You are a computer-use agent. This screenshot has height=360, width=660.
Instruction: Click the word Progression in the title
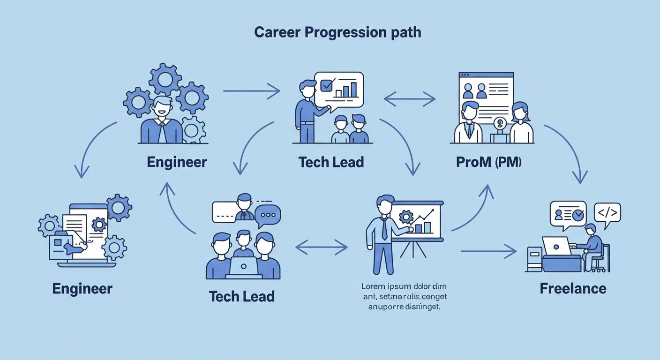[x=337, y=32]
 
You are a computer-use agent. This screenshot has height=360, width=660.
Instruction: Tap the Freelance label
[x=573, y=288]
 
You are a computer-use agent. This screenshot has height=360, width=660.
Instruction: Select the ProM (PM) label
[x=489, y=162]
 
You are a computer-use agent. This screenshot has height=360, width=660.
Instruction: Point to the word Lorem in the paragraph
[x=373, y=286]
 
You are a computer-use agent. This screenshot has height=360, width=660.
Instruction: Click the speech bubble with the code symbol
[x=607, y=214]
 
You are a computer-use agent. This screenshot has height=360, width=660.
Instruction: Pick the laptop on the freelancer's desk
[x=556, y=247]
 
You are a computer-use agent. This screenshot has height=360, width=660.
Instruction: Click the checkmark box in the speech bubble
[x=327, y=85]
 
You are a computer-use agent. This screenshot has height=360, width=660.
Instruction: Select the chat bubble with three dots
[x=269, y=215]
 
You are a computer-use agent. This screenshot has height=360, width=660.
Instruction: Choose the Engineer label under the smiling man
[x=177, y=162]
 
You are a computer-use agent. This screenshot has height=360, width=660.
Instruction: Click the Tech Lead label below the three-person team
[x=241, y=296]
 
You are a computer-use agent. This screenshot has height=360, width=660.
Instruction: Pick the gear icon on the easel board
[x=405, y=217]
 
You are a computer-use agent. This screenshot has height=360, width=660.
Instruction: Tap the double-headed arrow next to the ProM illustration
[x=409, y=99]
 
